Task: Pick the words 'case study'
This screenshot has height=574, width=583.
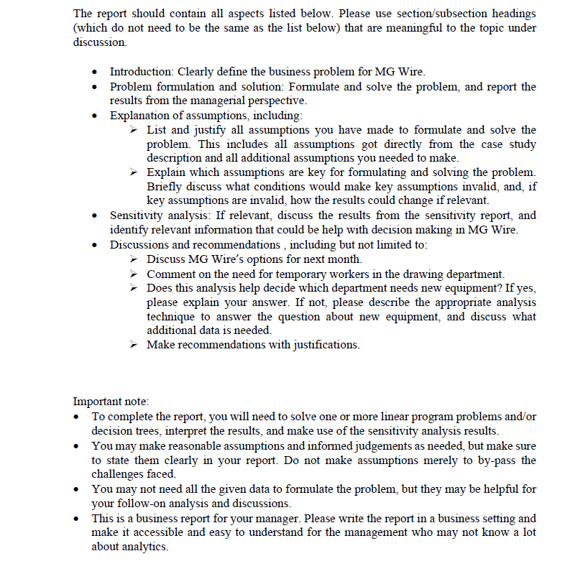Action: pyautogui.click(x=511, y=144)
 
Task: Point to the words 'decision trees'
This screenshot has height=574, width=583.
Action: pyautogui.click(x=124, y=431)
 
